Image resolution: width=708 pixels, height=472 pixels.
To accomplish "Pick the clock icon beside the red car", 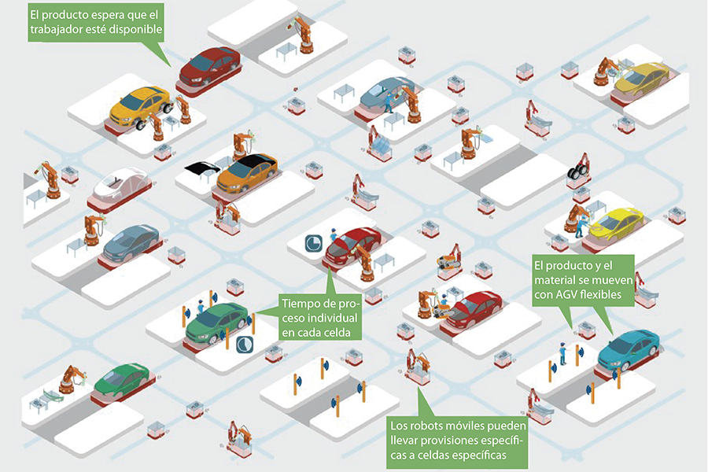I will tap(312, 242).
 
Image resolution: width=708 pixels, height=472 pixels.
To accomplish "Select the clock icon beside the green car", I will tap(245, 345).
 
